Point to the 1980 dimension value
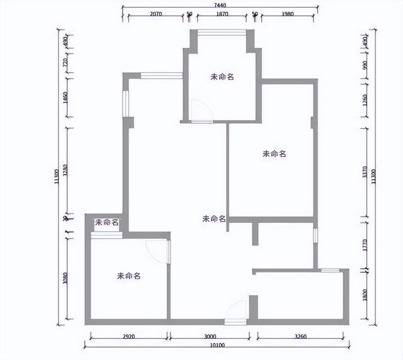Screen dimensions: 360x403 [x=283, y=14]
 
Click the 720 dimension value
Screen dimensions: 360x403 [x=65, y=64]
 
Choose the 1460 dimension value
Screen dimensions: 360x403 [x=65, y=98]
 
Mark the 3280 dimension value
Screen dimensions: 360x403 [x=65, y=171]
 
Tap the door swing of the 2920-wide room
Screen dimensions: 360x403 [x=158, y=251]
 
